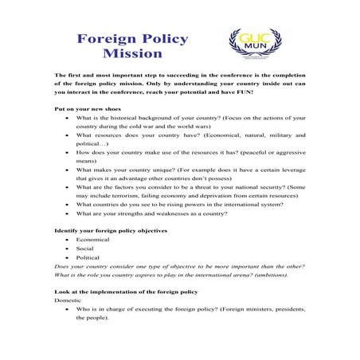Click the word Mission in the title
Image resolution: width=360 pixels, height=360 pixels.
pyautogui.click(x=133, y=55)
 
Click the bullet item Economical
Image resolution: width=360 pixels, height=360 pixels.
pyautogui.click(x=93, y=240)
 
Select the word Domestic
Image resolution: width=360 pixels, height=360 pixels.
pyautogui.click(x=68, y=301)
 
